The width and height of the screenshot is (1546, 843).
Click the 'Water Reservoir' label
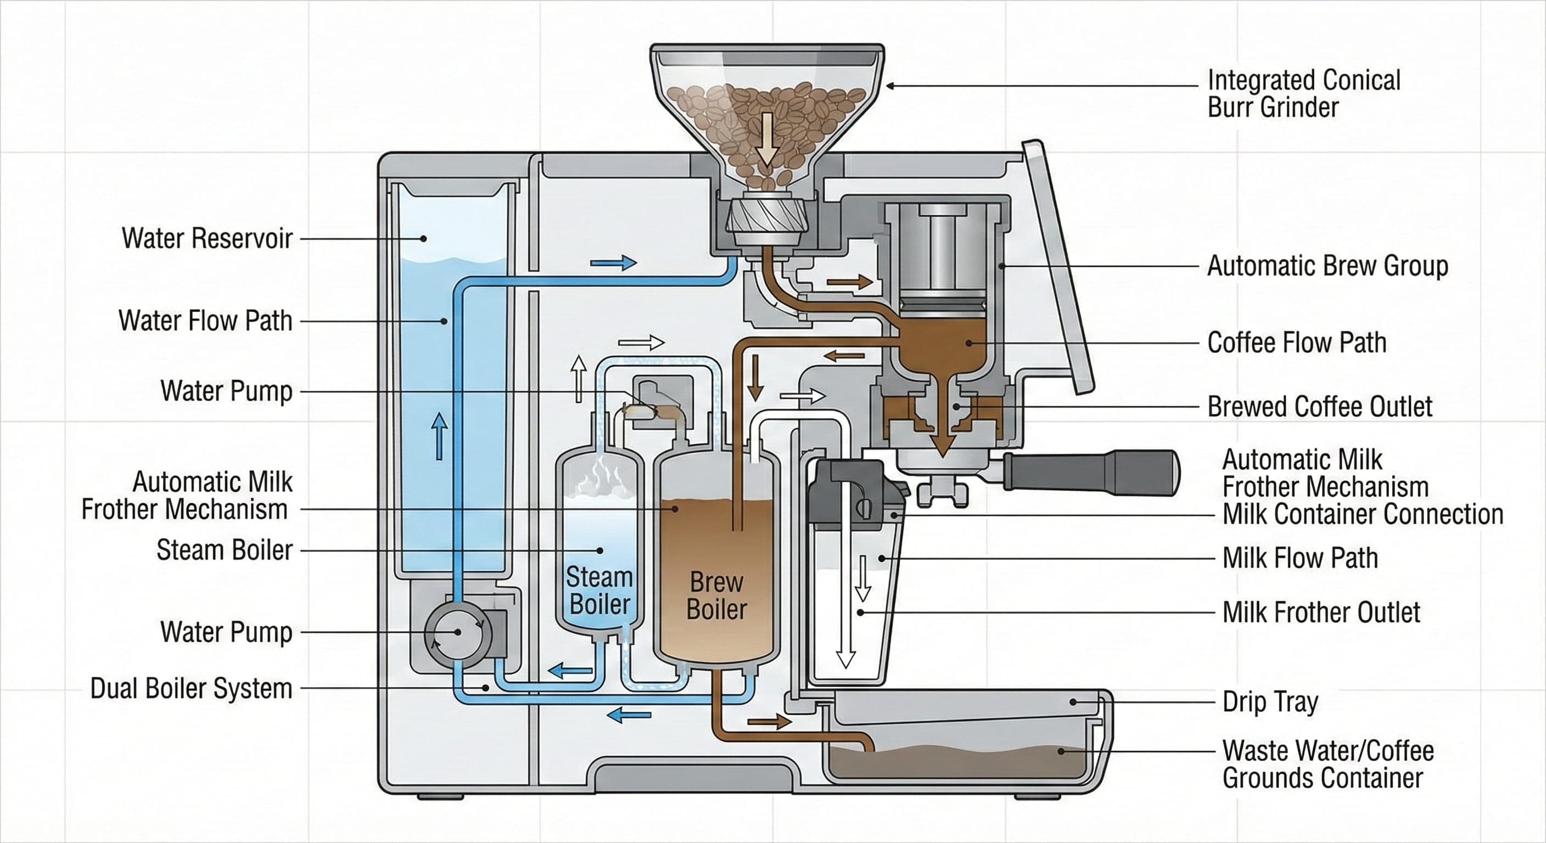point(207,238)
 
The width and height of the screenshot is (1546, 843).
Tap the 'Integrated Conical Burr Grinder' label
point(1303,94)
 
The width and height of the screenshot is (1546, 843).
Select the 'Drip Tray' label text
point(1270,701)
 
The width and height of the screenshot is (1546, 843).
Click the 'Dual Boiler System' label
point(191,688)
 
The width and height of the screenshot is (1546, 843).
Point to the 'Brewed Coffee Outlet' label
point(1319,407)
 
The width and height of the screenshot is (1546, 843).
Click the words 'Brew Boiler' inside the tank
point(716,596)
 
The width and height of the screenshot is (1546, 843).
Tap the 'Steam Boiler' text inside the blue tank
point(600,591)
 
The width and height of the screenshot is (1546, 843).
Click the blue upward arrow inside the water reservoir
point(439,436)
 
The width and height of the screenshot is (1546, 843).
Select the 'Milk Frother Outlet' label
point(1321,612)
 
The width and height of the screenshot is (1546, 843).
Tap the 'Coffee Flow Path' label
point(1296,342)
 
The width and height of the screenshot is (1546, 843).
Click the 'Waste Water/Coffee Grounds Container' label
point(1327,765)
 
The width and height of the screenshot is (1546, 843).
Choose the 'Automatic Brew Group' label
point(1327,266)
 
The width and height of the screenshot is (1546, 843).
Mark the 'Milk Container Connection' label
point(1362,514)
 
